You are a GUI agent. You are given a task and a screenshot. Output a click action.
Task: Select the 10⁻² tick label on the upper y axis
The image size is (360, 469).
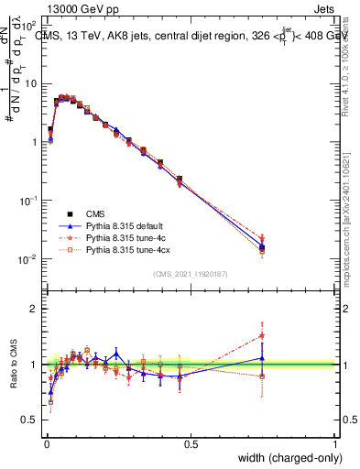click(29, 259)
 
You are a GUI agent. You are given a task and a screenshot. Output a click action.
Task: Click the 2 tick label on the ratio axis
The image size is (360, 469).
click(36, 309)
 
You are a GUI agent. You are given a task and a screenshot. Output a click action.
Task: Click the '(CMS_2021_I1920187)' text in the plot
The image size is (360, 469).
click(191, 273)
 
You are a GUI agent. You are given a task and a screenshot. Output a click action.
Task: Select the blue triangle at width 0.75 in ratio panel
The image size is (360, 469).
click(263, 358)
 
